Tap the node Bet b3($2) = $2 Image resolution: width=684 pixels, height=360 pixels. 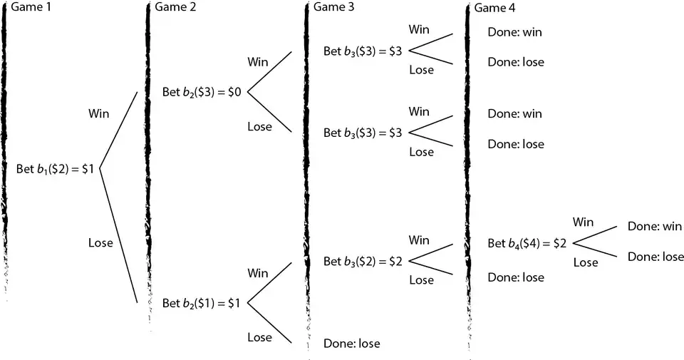click(x=363, y=262)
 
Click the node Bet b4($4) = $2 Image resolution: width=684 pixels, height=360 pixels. click(x=527, y=243)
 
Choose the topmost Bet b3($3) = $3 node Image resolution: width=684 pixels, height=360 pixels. click(x=363, y=51)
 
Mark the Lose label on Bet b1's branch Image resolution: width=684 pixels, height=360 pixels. click(x=100, y=242)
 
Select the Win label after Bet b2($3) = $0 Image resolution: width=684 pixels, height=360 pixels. click(x=257, y=62)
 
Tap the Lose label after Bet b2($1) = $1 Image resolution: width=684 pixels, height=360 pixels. click(x=259, y=337)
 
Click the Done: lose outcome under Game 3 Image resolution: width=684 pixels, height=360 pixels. click(x=351, y=344)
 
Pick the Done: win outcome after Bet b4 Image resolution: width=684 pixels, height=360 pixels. click(x=655, y=227)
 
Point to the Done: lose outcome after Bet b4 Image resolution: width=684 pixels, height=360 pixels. click(x=655, y=257)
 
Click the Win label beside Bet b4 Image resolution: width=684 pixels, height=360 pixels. click(x=583, y=222)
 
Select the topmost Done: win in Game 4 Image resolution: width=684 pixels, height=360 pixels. click(x=514, y=32)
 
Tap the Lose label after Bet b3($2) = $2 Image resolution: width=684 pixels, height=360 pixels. click(x=421, y=280)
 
